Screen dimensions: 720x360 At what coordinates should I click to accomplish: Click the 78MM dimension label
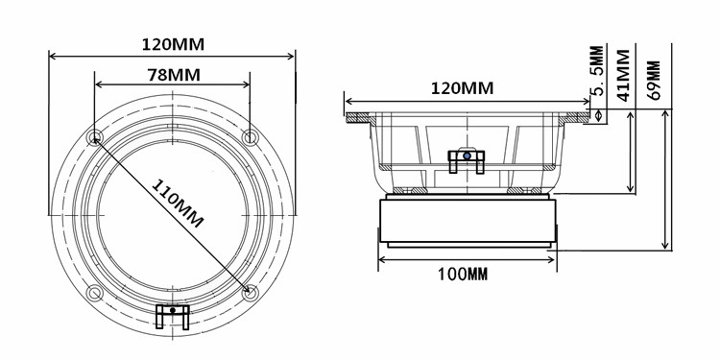[174, 75]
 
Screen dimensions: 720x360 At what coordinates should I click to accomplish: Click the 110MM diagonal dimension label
[178, 204]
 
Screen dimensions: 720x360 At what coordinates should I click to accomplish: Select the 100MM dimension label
[463, 275]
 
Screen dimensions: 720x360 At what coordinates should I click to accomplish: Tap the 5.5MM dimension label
[596, 70]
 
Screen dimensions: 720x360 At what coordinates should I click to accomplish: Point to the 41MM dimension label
[623, 75]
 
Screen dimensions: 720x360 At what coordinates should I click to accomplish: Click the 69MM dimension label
[653, 81]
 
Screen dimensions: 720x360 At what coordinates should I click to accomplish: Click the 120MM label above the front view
[173, 44]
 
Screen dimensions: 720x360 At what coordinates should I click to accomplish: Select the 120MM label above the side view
[462, 87]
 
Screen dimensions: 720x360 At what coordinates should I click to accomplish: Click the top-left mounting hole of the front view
[95, 137]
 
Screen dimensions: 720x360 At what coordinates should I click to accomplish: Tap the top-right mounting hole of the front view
[251, 137]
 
